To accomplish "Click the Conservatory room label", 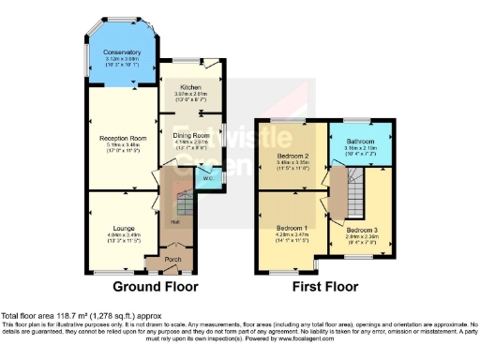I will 123,52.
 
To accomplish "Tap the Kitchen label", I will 191,86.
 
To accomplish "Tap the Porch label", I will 173,259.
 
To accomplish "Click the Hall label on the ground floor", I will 174,223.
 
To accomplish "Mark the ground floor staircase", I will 185,200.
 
